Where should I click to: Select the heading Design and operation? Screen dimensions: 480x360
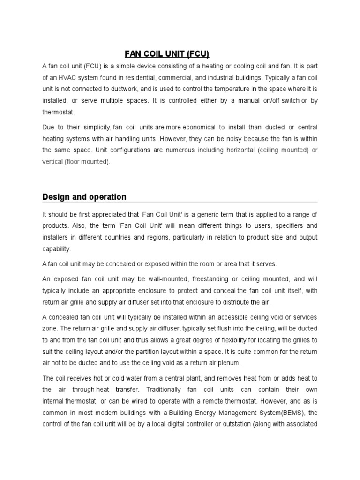(x=84, y=197)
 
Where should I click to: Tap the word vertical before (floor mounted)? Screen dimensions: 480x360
(x=53, y=162)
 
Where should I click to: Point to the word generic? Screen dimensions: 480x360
(x=210, y=214)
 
